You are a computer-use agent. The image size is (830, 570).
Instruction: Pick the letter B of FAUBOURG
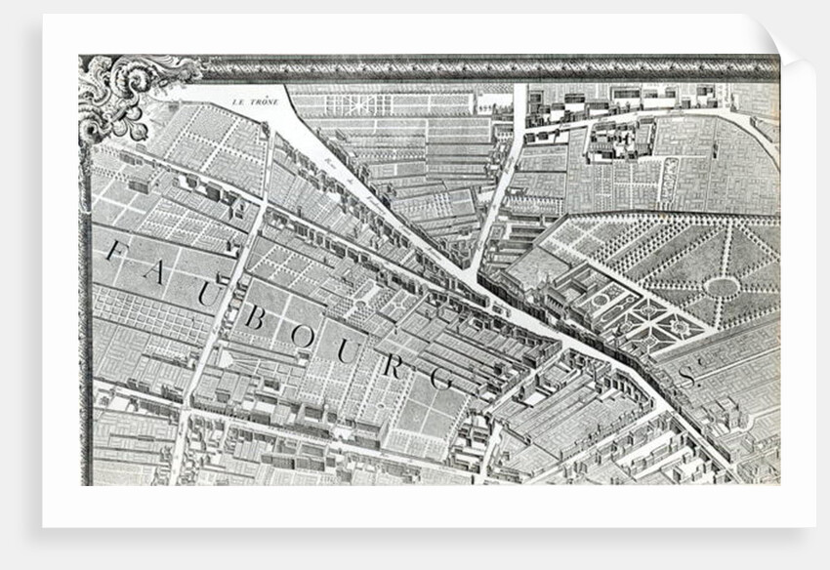(255, 316)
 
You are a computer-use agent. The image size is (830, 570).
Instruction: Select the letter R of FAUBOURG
(393, 366)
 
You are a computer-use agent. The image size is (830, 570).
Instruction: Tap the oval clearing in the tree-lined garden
(722, 287)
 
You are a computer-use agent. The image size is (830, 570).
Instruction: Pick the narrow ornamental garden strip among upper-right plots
(671, 180)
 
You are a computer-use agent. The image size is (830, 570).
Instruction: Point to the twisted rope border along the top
(488, 67)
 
